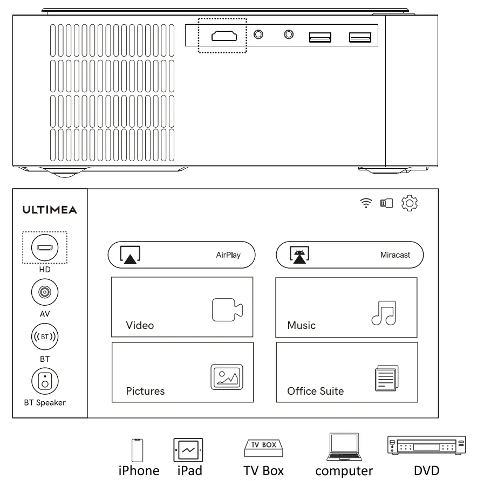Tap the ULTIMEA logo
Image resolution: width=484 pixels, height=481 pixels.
point(50,210)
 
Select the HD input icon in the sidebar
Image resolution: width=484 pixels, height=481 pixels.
point(44,248)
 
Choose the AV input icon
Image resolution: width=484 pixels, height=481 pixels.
point(44,293)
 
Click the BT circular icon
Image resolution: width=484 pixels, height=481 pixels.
point(44,337)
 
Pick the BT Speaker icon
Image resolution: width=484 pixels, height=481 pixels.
point(44,381)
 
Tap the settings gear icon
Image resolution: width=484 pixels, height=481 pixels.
point(410,203)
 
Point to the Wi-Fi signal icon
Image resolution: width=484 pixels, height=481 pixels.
point(366,203)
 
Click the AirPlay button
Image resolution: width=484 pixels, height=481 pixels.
point(181,255)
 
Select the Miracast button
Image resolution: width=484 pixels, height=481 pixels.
point(349,255)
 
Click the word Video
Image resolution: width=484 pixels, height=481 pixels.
point(140,325)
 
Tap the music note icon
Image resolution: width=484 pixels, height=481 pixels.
point(384,313)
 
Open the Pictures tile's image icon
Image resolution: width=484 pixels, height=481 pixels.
point(226,377)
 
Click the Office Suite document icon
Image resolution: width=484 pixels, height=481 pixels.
point(386,378)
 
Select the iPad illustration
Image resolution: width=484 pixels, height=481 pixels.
point(188,449)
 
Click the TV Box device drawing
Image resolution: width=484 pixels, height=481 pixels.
point(263,448)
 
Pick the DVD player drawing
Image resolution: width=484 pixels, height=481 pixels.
point(426,445)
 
